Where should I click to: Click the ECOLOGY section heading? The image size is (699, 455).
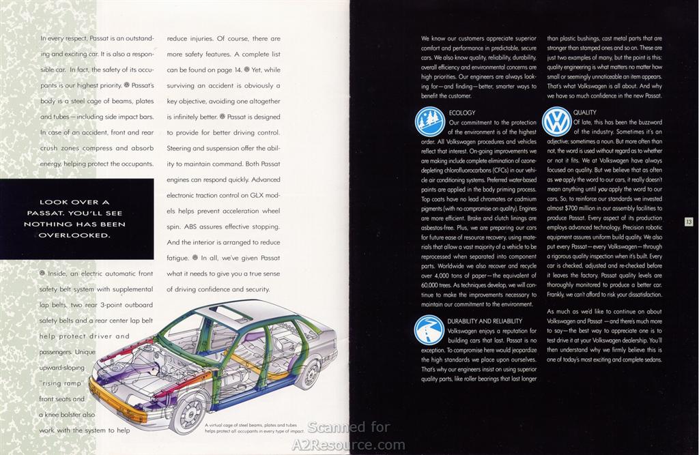pos(462,113)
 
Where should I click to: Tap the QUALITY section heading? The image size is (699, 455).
pos(584,113)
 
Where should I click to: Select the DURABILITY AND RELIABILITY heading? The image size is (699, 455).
pos(485,321)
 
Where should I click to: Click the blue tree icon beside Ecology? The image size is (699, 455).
pos(430,122)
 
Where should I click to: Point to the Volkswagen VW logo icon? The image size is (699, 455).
pos(557,122)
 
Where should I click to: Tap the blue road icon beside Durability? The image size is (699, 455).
pos(429,329)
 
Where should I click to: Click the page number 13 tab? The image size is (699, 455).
pos(689,222)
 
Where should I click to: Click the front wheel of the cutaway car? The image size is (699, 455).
pos(188,412)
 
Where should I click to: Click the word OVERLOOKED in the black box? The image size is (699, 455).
pos(74,235)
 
